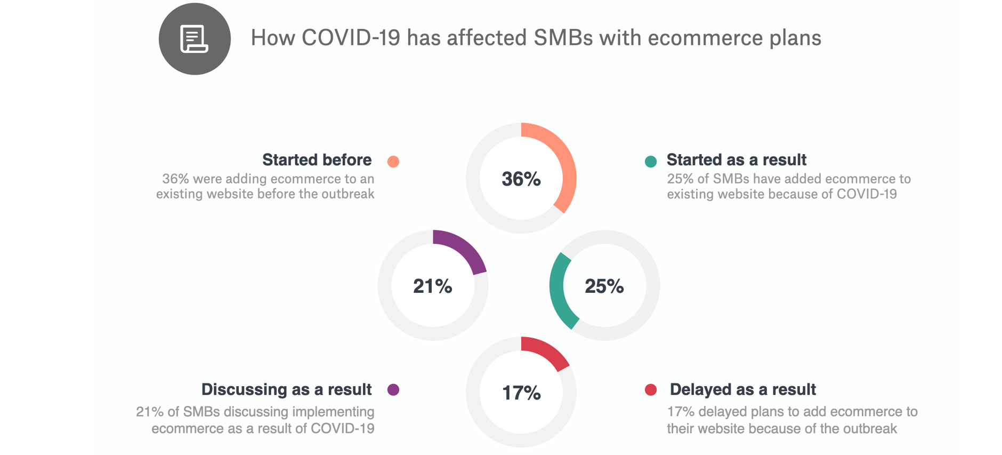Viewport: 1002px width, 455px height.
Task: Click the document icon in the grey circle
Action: (194, 39)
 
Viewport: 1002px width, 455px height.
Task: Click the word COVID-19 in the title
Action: (351, 38)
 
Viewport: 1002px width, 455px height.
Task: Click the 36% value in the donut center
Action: (521, 179)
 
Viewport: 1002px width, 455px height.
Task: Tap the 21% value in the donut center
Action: (433, 286)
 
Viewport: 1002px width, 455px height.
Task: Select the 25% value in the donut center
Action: (604, 286)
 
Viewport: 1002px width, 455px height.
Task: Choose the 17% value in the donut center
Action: (521, 393)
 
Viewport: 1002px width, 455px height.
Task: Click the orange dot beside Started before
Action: (393, 162)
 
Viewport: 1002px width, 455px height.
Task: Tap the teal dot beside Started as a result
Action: (651, 162)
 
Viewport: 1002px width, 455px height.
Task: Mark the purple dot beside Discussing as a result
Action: (393, 390)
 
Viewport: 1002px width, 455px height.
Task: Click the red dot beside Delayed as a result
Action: (651, 390)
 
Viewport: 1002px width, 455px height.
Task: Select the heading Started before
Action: (317, 160)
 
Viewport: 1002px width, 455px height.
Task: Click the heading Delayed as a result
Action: (742, 389)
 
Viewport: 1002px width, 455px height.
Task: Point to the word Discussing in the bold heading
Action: (244, 390)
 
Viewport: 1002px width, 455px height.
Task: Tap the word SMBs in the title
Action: (563, 38)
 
